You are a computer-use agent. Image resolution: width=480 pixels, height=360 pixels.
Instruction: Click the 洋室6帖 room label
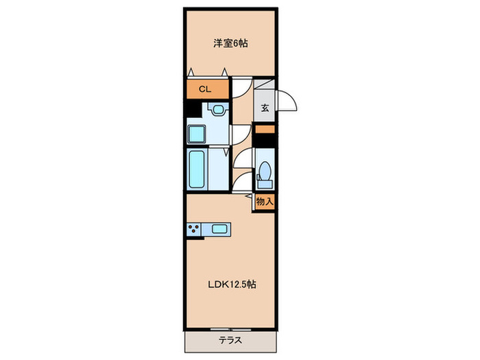[230, 43]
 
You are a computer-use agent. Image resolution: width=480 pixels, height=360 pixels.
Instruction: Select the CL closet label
[204, 89]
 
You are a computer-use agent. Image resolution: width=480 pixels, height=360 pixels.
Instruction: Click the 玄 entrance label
[265, 108]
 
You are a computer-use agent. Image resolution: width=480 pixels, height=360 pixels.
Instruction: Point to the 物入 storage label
[265, 202]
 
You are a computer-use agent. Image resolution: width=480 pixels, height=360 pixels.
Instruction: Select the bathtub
[197, 169]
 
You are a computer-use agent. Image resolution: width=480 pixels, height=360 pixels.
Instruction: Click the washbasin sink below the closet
[217, 108]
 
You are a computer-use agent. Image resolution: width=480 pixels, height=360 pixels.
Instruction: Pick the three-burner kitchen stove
[194, 230]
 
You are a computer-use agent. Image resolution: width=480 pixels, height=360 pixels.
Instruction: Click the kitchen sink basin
[220, 230]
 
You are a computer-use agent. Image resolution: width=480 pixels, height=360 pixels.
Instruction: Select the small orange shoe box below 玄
[265, 128]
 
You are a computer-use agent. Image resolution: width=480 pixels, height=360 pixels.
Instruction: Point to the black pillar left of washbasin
[190, 108]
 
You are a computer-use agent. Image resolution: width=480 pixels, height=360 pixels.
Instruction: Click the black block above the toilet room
[265, 140]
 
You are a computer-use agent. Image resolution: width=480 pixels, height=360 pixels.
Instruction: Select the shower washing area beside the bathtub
[219, 169]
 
